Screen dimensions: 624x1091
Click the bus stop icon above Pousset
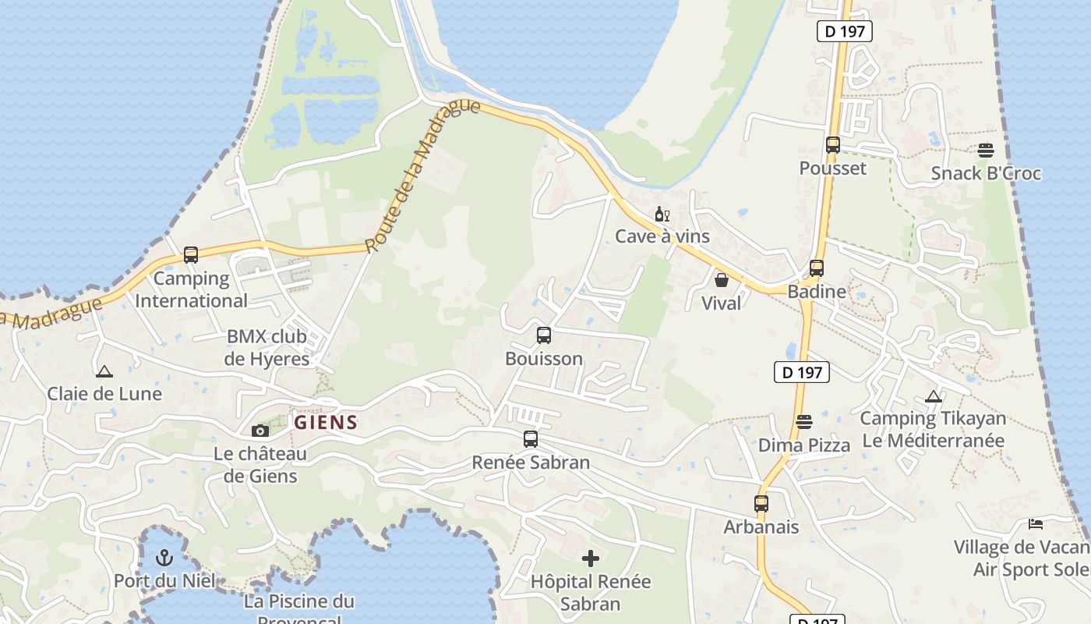point(832,145)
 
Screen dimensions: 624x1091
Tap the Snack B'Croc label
point(986,172)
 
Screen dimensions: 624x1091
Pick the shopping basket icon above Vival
point(722,279)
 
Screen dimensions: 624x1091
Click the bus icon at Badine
point(816,268)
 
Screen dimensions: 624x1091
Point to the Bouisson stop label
point(544,359)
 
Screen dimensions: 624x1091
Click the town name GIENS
point(326,423)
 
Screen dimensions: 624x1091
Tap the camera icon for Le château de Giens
point(260,431)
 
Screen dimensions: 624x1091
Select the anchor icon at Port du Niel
point(164,558)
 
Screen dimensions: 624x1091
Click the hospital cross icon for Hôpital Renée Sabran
point(591,558)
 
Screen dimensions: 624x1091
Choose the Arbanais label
point(761,526)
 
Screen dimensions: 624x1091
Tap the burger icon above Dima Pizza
point(804,422)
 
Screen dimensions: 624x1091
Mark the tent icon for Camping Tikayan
point(933,396)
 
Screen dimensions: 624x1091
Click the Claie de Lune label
point(104,393)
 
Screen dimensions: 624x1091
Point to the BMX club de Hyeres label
point(267,348)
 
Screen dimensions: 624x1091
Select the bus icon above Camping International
point(191,255)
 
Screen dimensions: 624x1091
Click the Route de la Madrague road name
point(421,176)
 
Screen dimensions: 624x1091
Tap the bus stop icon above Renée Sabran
point(531,439)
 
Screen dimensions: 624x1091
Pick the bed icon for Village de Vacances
point(1035,523)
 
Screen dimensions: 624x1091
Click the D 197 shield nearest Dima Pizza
point(802,372)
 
